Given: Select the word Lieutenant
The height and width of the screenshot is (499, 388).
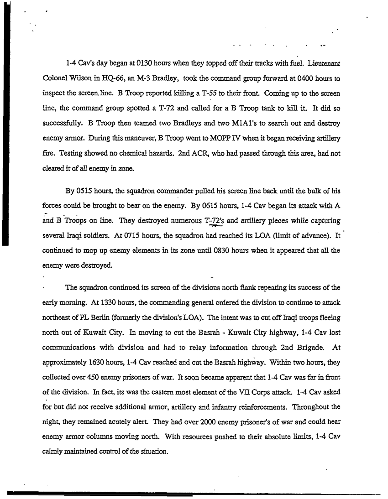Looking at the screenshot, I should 323,61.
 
